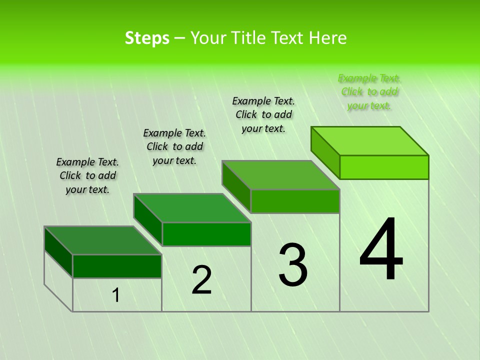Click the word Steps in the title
(146, 38)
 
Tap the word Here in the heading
(327, 38)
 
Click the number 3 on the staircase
(292, 264)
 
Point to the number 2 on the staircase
(201, 280)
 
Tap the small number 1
(116, 295)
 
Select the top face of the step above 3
(281, 175)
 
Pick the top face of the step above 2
(192, 208)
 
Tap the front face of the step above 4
(384, 167)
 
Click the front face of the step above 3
(295, 201)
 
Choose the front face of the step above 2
(206, 234)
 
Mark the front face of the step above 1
(117, 266)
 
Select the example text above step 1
(87, 175)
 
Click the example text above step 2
(174, 146)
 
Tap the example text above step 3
(263, 114)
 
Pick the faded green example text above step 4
(369, 91)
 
